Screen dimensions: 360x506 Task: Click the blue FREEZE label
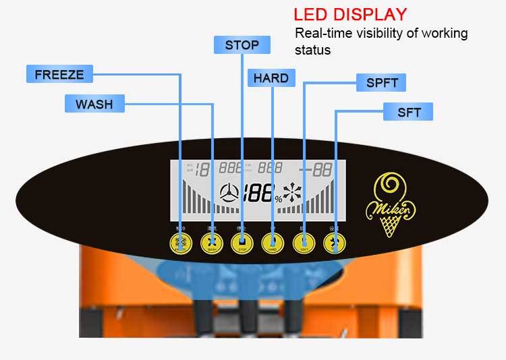click(x=59, y=74)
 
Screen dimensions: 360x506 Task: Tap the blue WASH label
click(x=94, y=104)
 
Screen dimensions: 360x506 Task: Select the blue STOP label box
click(x=242, y=45)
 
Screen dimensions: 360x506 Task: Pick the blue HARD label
click(x=271, y=78)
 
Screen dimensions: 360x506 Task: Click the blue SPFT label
click(x=382, y=84)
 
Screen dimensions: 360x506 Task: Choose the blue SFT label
click(x=408, y=112)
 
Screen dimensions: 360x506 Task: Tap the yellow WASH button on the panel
click(x=212, y=243)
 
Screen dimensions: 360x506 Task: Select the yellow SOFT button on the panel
click(x=304, y=243)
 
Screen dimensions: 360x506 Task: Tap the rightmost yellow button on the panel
click(x=335, y=243)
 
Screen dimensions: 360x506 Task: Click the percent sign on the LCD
click(x=278, y=198)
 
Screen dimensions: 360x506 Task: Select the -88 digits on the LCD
click(x=316, y=169)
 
